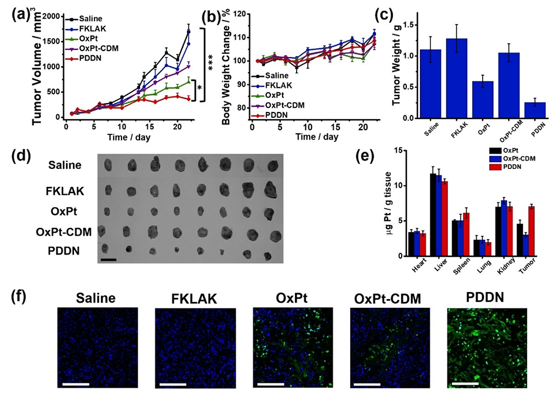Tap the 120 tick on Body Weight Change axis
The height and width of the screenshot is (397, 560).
[233, 12]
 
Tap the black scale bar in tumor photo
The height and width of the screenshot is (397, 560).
[108, 258]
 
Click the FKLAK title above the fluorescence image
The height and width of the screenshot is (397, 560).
[187, 298]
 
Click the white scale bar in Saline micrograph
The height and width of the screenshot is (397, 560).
[73, 385]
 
